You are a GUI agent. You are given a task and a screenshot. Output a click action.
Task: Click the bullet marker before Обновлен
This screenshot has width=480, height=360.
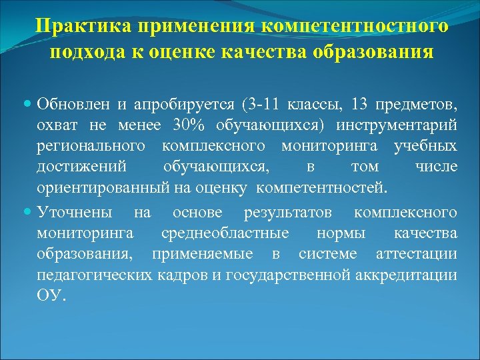click(27, 105)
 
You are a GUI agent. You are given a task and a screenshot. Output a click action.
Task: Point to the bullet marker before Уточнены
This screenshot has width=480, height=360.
click(27, 213)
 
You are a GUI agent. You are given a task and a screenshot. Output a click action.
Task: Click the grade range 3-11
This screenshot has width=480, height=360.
click(263, 105)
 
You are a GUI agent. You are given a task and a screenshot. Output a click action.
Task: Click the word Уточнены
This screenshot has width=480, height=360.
click(75, 213)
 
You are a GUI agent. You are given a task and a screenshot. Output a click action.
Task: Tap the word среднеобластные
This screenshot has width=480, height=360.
click(225, 233)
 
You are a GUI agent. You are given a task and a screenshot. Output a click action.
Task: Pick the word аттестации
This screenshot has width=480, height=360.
click(416, 254)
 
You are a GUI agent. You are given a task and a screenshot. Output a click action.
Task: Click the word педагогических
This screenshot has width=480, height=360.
click(94, 274)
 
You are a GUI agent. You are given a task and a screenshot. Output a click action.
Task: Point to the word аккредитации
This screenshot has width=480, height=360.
click(410, 274)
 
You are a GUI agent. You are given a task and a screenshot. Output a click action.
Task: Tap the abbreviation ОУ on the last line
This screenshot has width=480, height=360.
click(51, 295)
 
